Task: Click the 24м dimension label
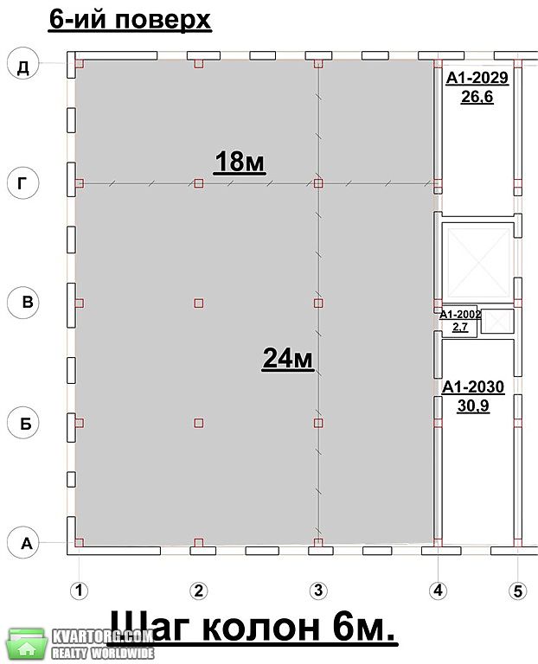coord(288,358)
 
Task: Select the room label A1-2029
coord(477,78)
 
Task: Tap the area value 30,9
coord(473,405)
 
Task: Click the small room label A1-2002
coord(460,314)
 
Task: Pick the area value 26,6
coord(477,97)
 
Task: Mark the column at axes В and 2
coord(199,303)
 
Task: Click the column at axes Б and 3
coord(318,423)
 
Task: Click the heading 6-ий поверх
coord(130,20)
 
